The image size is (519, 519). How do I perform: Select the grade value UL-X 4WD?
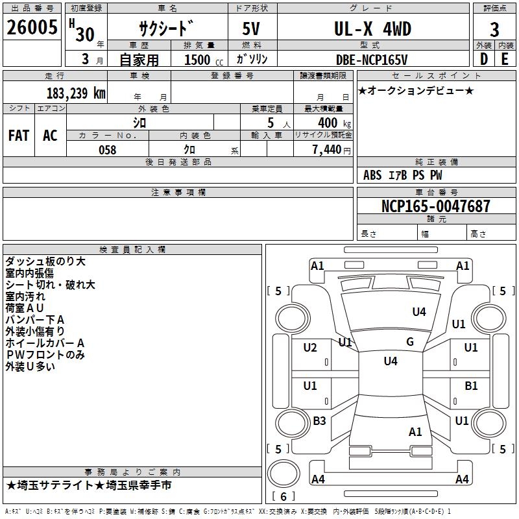click(x=372, y=29)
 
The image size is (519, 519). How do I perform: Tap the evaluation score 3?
click(x=494, y=29)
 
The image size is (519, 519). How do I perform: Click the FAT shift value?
click(x=19, y=136)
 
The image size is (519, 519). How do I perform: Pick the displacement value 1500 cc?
click(x=200, y=60)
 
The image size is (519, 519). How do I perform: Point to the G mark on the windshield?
click(x=410, y=342)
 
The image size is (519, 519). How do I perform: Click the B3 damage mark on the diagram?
click(x=319, y=421)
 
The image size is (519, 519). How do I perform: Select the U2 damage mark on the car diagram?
click(x=310, y=348)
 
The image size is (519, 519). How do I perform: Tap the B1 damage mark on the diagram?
click(x=471, y=386)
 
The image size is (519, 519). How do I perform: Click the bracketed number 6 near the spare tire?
click(x=284, y=497)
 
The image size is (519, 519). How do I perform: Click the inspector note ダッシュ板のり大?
click(x=45, y=261)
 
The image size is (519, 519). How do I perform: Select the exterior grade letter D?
click(x=483, y=59)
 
